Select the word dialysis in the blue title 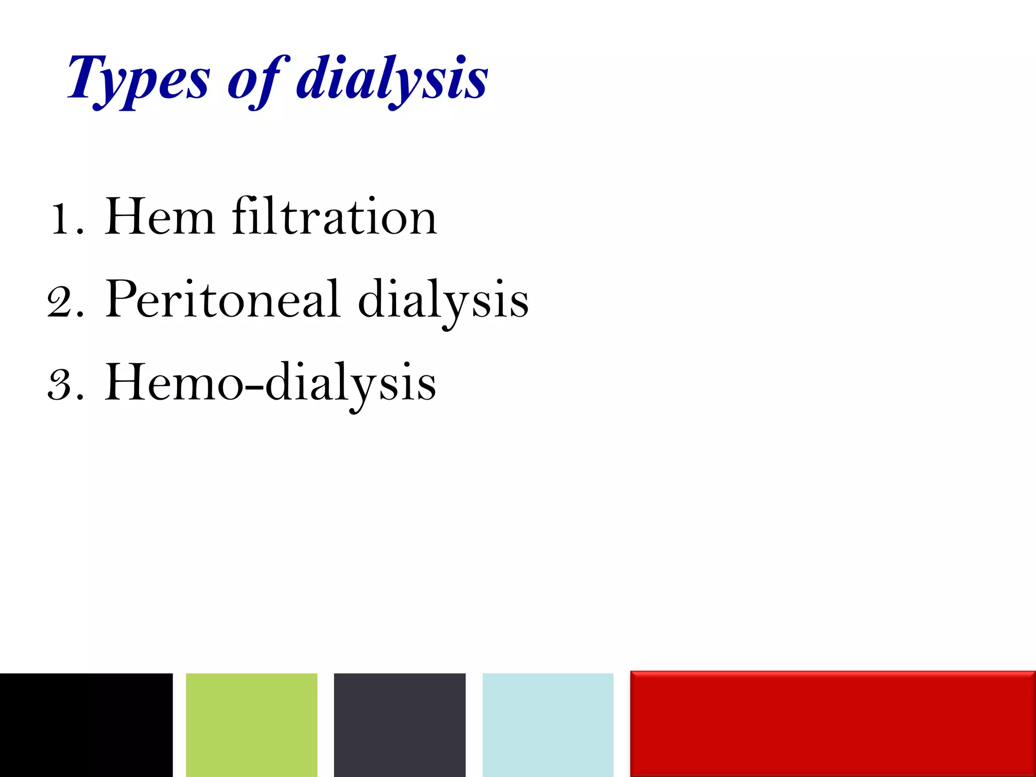392,80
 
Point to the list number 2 62,302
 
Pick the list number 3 62,384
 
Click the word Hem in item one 159,218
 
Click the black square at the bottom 86,724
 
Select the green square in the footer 251,724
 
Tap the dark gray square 400,724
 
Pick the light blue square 548,724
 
